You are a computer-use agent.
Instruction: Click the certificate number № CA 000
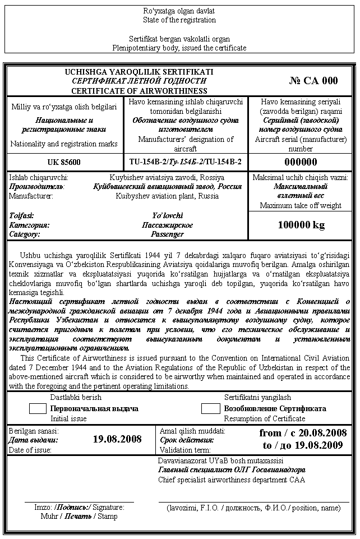pyautogui.click(x=313, y=81)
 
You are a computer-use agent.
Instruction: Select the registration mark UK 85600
pyautogui.click(x=64, y=163)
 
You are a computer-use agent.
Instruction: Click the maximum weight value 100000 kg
pyautogui.click(x=301, y=225)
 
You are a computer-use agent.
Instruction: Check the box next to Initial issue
pyautogui.click(x=38, y=408)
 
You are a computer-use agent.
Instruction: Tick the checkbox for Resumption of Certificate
pyautogui.click(x=210, y=408)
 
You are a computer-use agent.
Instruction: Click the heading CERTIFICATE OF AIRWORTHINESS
pyautogui.click(x=139, y=91)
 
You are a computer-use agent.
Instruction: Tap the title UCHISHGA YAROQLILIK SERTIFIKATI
pyautogui.click(x=139, y=72)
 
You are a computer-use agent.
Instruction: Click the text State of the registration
pyautogui.click(x=179, y=20)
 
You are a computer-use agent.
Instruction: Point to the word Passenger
pyautogui.click(x=168, y=234)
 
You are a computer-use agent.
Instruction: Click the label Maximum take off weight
pyautogui.click(x=301, y=205)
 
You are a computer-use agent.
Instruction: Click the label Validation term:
pyautogui.click(x=185, y=450)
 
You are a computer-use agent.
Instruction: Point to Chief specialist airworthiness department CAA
pyautogui.click(x=232, y=480)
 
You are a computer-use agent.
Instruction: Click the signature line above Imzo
pyautogui.click(x=79, y=501)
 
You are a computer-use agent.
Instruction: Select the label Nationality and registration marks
pyautogui.click(x=64, y=144)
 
